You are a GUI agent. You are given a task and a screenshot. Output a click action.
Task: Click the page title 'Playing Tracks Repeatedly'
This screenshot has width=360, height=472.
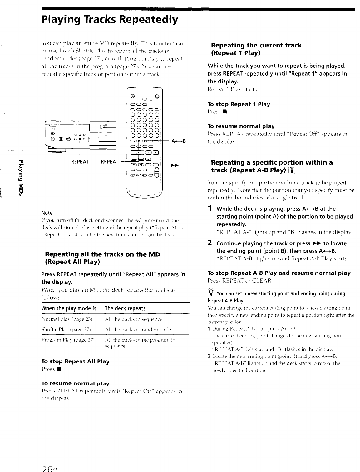[x=110, y=20]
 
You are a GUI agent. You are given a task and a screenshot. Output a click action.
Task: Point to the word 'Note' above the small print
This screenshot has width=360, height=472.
[x=47, y=213]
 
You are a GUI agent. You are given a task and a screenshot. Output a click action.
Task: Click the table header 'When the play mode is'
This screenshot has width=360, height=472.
[x=69, y=308]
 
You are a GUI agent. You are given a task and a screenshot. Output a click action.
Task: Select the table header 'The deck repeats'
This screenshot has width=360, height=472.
[x=125, y=308]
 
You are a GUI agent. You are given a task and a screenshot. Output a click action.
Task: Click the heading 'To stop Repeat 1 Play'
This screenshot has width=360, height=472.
[x=239, y=104]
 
